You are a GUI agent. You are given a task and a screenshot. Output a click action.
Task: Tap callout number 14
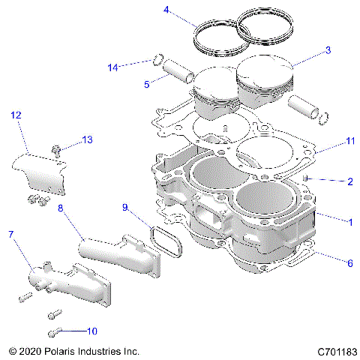[112, 67]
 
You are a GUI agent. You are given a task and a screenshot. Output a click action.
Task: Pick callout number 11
[328, 140]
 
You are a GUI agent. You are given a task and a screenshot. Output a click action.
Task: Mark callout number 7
[10, 235]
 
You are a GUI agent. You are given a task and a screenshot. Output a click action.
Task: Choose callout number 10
[92, 330]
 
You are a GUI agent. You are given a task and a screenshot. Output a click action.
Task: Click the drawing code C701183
[337, 350]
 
